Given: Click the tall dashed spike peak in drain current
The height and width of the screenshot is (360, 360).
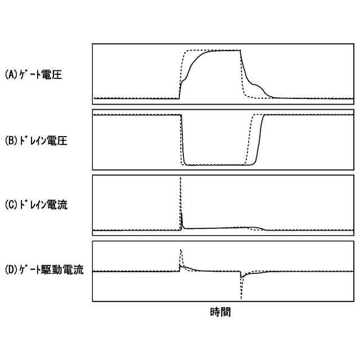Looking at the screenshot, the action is pyautogui.click(x=180, y=178).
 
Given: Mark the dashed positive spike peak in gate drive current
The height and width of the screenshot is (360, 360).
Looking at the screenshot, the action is pyautogui.click(x=180, y=249).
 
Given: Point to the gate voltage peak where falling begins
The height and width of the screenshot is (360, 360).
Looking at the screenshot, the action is pyautogui.click(x=241, y=51).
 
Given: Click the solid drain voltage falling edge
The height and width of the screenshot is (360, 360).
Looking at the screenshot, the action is pyautogui.click(x=183, y=141).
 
